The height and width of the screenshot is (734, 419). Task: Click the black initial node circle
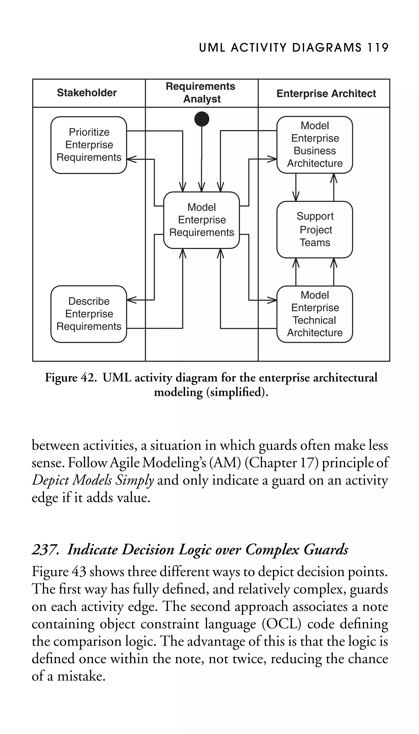[202, 119]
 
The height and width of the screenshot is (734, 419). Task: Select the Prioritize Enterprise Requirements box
[89, 145]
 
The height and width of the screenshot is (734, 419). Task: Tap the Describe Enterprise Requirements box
[89, 314]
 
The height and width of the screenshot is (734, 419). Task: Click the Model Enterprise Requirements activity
[202, 220]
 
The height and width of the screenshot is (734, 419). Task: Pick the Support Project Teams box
[314, 230]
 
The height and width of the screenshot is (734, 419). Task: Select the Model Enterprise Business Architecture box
[314, 145]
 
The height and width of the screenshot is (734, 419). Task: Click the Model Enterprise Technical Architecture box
[314, 314]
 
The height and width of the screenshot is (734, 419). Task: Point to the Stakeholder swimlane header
[87, 93]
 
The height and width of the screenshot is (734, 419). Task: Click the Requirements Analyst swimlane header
[201, 93]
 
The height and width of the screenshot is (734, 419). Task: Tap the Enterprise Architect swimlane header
[326, 94]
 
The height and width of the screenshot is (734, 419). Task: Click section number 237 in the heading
[45, 550]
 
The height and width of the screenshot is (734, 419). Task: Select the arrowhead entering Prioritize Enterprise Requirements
[131, 159]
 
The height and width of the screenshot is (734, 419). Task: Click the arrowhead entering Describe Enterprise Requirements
[131, 300]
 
